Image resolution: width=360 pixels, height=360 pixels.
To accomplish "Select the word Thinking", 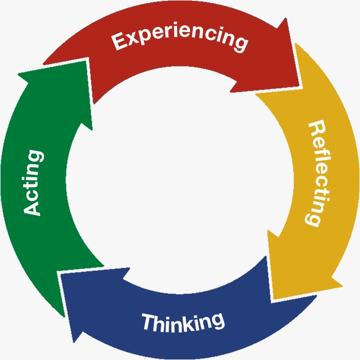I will pyautogui.click(x=182, y=322).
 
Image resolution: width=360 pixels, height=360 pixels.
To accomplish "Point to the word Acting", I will pyautogui.click(x=33, y=183).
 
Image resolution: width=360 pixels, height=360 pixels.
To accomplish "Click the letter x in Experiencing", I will pyautogui.click(x=131, y=39).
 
